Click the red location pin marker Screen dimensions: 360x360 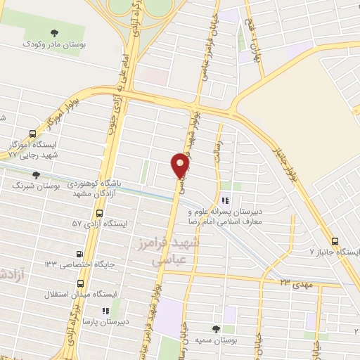pos(181,166)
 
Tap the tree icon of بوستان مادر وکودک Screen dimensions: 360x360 pos(55,32)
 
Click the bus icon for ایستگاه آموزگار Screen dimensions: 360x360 pos(34,133)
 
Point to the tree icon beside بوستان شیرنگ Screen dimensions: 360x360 pos(36,175)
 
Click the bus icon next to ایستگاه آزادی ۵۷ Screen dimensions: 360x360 pos(99,212)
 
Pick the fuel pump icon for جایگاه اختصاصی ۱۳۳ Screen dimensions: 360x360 pos(79,254)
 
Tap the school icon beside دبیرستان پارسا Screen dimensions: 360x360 pos(105,310)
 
